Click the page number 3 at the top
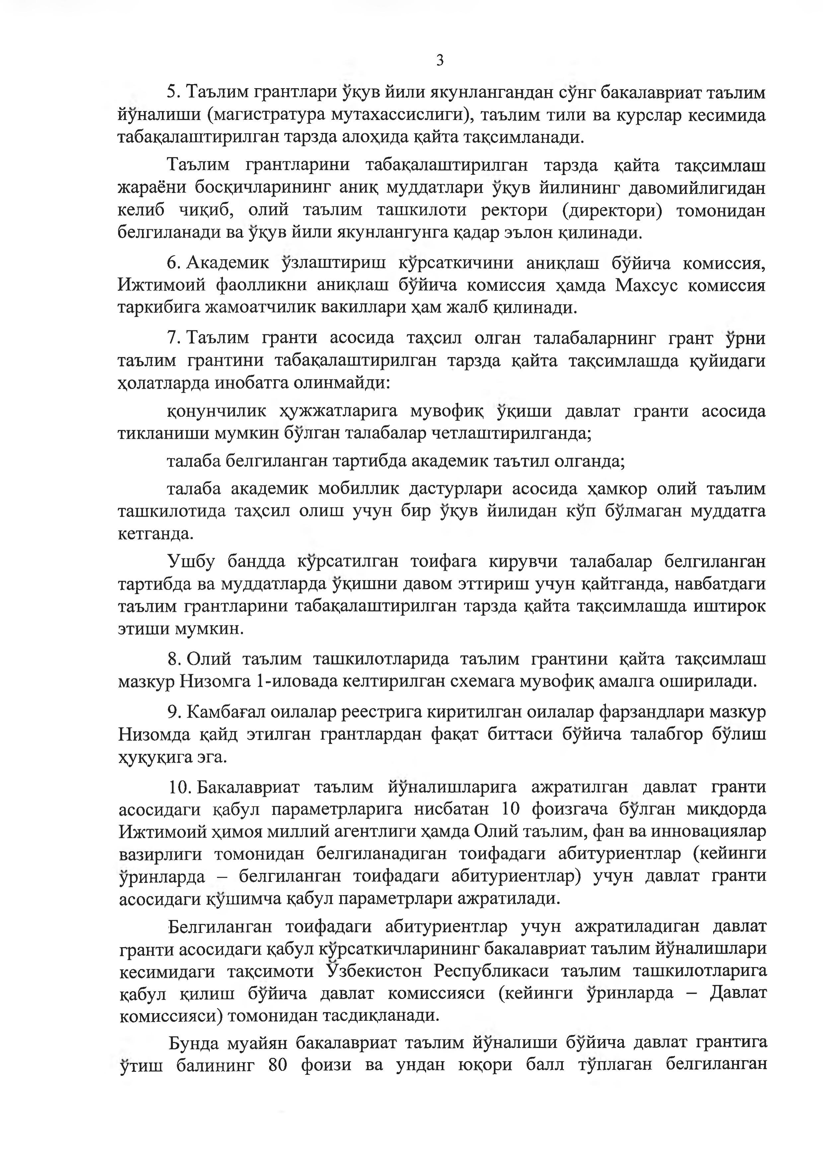click(439, 61)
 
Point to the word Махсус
click(644, 285)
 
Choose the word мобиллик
click(360, 489)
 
